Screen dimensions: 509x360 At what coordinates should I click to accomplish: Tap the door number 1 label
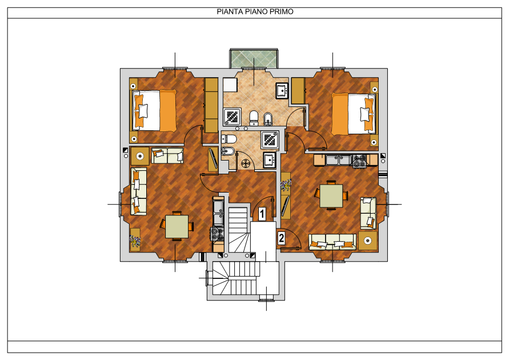262,214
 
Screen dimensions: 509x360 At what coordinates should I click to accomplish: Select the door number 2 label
281,238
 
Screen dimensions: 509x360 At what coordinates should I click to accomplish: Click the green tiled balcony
254,58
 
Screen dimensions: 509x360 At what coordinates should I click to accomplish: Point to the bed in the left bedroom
154,110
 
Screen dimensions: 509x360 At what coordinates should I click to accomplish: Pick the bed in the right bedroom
354,114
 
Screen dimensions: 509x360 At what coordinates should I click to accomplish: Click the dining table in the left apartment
177,226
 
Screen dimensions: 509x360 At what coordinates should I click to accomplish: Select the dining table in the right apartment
331,195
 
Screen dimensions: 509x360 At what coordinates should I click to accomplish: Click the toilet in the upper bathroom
254,118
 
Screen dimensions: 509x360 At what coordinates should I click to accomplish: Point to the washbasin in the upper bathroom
282,90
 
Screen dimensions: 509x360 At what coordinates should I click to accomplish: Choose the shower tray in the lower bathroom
270,139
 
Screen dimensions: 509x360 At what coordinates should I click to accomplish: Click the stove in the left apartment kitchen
217,234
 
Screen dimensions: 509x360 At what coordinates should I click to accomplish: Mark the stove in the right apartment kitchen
359,161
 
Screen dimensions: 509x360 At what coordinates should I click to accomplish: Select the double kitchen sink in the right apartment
339,159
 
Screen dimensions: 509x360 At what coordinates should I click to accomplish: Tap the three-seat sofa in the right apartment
332,242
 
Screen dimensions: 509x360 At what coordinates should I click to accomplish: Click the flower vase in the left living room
135,240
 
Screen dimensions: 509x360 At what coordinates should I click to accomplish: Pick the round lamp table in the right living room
368,241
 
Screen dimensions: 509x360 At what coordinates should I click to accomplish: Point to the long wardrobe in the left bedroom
211,105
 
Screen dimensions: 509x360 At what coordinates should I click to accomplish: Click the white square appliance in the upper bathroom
230,85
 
